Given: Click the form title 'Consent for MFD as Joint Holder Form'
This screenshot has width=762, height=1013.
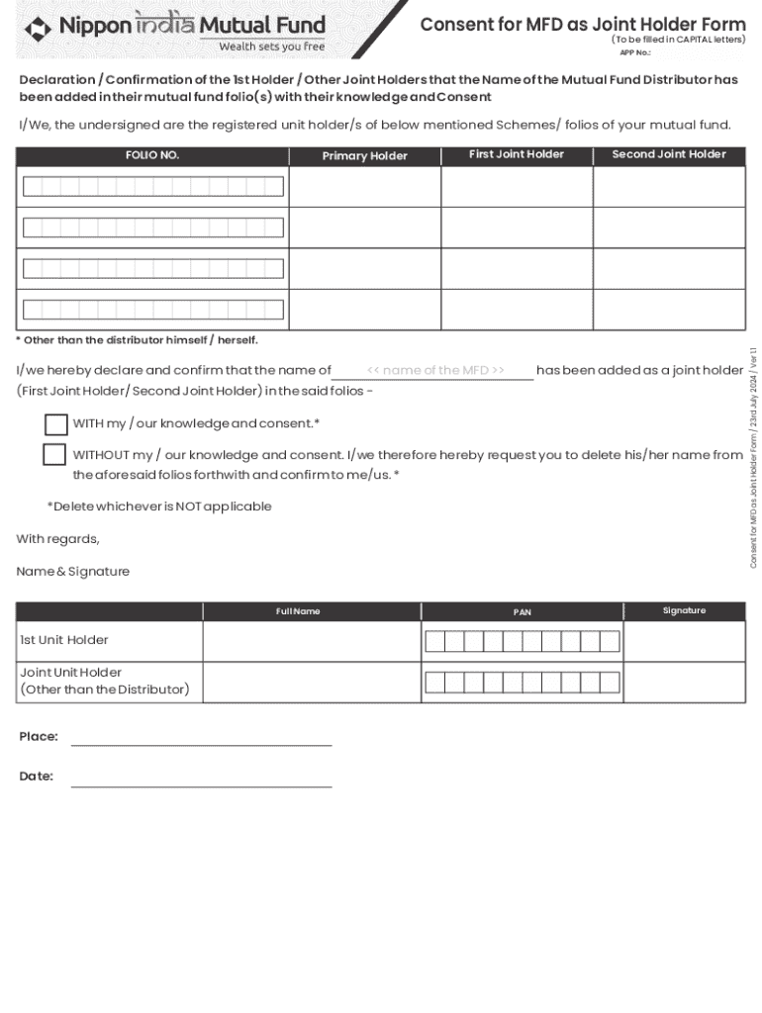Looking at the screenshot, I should [x=583, y=25].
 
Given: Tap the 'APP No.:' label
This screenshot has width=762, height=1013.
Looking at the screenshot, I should [x=634, y=52].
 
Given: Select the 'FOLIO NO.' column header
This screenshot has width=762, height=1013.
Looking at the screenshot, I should [x=152, y=155].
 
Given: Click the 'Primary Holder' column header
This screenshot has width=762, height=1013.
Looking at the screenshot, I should [x=364, y=156].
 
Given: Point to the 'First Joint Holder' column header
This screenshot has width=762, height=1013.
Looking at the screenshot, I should [x=517, y=154].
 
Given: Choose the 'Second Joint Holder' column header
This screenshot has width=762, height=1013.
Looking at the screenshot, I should [x=669, y=154].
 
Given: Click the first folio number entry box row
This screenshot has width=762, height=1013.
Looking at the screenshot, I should [x=153, y=187].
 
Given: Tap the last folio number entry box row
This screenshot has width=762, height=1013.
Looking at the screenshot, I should [x=153, y=310].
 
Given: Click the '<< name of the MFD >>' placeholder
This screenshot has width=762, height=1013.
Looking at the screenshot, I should [x=435, y=370].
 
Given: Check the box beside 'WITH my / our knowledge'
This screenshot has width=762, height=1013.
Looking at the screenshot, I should [x=56, y=424].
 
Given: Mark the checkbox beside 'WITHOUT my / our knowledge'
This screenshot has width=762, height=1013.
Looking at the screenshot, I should [x=54, y=455].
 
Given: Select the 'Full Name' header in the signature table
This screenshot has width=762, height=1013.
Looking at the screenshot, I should [x=298, y=611].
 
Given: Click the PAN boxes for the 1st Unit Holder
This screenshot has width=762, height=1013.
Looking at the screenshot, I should [x=522, y=642].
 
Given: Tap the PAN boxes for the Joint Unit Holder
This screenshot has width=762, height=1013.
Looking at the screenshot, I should [x=522, y=682].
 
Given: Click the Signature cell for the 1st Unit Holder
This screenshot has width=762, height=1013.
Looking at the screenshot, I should [x=684, y=641].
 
